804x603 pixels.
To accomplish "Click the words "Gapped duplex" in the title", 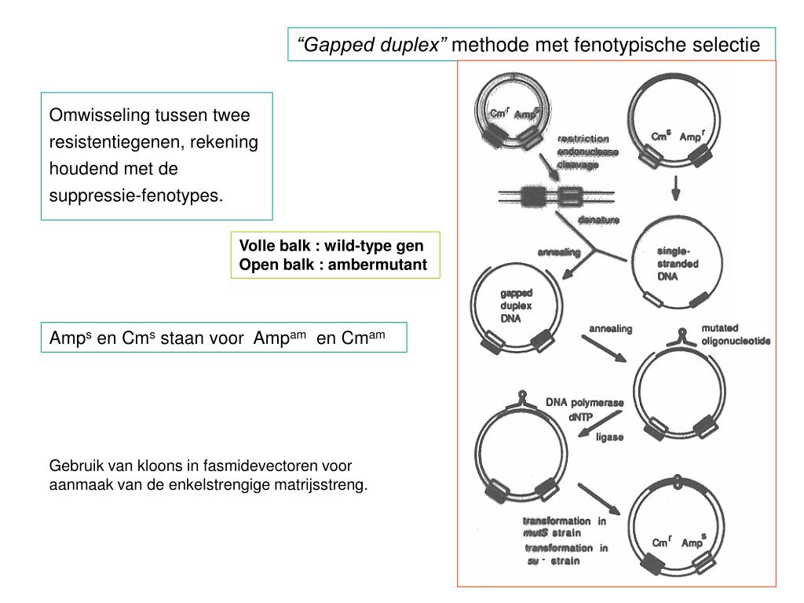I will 372,45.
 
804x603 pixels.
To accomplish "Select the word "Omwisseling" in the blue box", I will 97,116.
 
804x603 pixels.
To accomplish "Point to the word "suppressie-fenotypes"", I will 136,194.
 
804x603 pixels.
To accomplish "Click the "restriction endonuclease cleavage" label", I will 588,152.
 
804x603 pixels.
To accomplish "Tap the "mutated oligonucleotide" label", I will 736,334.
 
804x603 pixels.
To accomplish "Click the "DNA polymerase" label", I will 585,402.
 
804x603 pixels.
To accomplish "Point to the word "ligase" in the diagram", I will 609,437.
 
